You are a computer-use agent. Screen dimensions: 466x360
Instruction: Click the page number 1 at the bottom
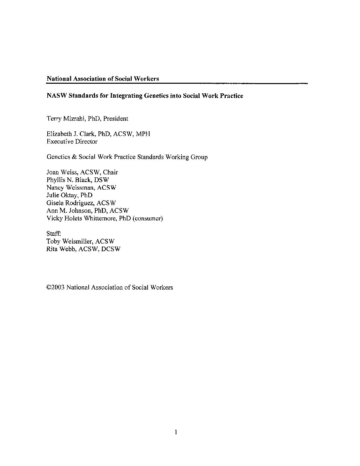coord(176,432)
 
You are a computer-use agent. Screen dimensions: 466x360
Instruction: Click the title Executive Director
coord(72,142)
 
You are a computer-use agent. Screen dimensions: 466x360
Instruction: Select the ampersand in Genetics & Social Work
coord(74,157)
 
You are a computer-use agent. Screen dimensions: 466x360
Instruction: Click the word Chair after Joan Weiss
coord(110,172)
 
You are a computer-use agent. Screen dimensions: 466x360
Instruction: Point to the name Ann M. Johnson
coord(68,210)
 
